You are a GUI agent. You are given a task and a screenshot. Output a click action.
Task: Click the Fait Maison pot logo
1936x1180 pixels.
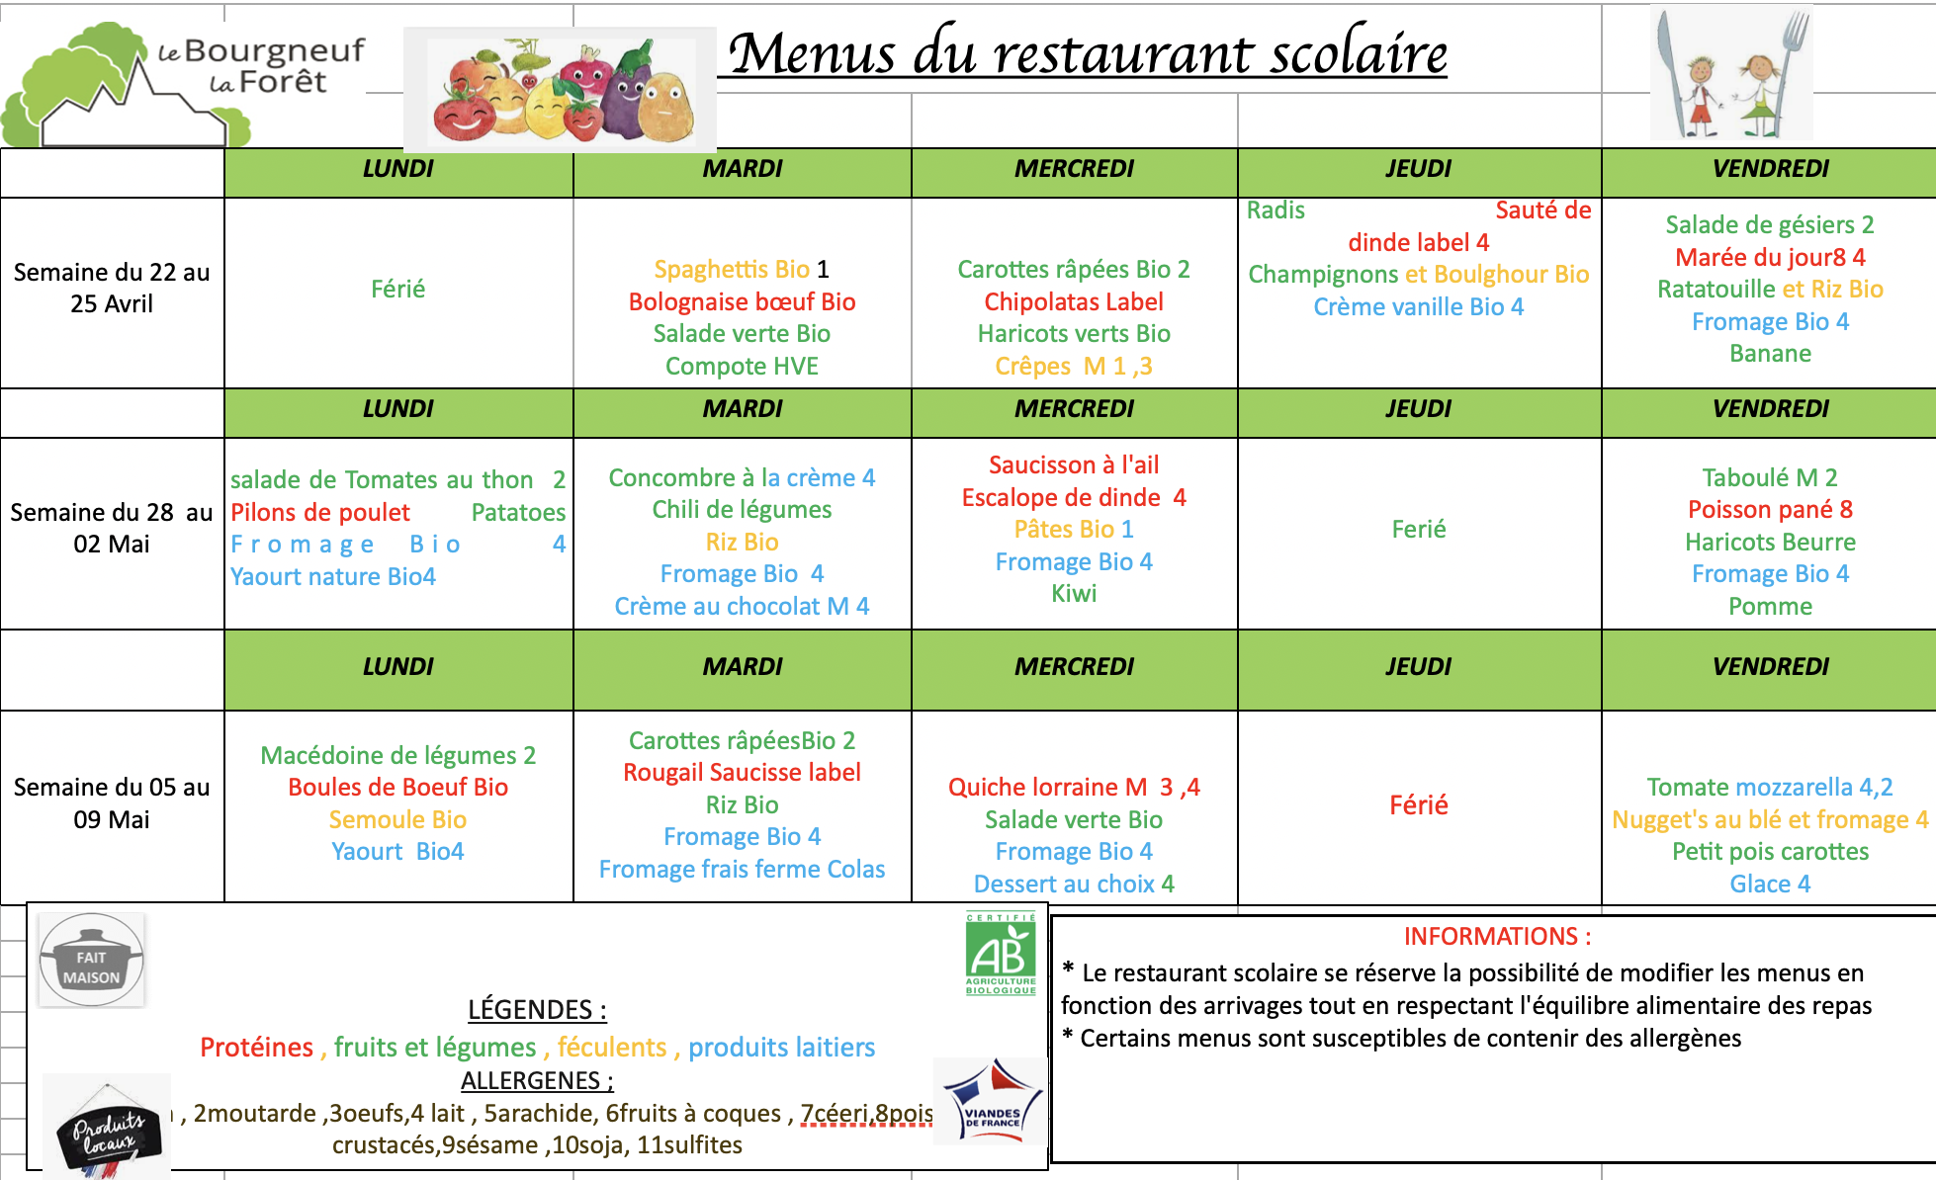coord(91,960)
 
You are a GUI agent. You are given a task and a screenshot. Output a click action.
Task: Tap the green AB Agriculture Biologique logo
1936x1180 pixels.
coord(1000,954)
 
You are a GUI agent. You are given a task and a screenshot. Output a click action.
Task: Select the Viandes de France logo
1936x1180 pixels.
coord(990,1101)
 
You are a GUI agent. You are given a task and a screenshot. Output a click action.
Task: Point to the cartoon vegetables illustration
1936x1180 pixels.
coord(560,89)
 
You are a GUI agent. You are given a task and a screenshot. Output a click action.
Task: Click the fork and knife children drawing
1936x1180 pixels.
coord(1731,75)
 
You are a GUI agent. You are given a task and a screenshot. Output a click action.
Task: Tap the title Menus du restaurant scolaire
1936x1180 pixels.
coord(1088,53)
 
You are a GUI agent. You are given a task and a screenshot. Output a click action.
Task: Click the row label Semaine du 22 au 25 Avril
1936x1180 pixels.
coord(112,288)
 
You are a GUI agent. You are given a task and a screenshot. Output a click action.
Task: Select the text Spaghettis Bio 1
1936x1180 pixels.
coord(742,269)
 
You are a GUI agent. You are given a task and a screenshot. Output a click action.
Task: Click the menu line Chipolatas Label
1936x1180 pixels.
coord(1074,301)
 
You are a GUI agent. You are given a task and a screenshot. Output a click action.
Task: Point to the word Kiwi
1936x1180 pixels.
coord(1074,593)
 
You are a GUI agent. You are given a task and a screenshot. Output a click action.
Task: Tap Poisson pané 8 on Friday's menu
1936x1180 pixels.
coord(1770,509)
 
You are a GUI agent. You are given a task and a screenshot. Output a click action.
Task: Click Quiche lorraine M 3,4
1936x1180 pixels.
coord(1074,787)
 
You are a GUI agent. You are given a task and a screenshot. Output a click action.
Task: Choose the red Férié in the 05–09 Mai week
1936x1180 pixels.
coord(1418,804)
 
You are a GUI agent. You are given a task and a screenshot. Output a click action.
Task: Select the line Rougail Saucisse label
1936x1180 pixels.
coord(742,772)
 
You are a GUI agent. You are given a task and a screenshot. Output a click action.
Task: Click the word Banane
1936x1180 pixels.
coord(1770,353)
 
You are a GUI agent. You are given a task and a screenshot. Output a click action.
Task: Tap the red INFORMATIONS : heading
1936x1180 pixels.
coord(1497,936)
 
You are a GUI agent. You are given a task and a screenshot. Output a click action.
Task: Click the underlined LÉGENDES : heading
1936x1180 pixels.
coord(537,1009)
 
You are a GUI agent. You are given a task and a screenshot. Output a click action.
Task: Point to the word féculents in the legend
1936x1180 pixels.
coord(612,1047)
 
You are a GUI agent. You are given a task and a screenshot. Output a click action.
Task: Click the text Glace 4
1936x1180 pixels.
coord(1770,884)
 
